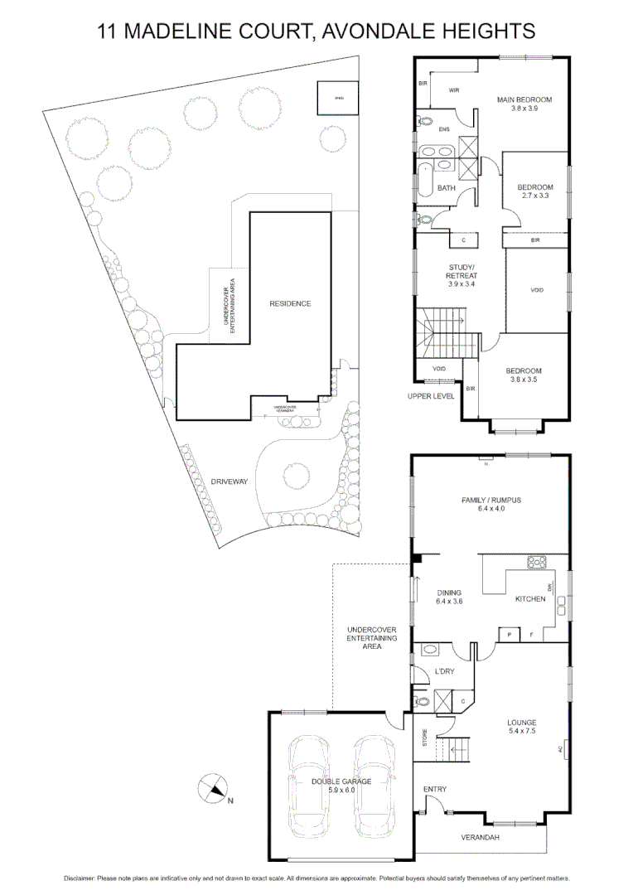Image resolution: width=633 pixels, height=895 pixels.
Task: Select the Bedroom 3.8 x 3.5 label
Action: click(524, 375)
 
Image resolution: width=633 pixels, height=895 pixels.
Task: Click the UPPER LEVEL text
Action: click(431, 396)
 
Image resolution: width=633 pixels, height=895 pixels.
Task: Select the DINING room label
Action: click(447, 597)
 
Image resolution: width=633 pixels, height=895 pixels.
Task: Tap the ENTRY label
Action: click(434, 789)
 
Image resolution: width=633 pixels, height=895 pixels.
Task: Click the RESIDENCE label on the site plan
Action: click(290, 303)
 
